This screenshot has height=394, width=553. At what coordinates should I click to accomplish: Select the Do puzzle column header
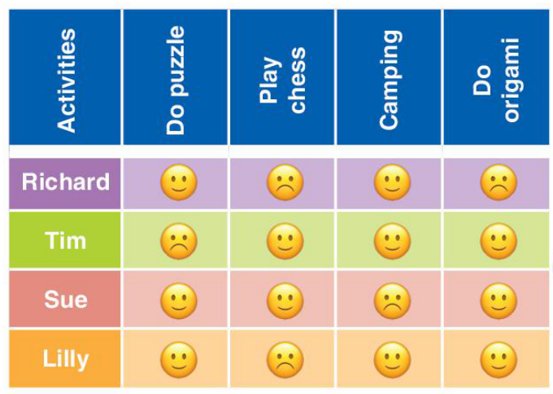[176, 80]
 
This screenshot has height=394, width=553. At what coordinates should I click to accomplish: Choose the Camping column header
[390, 80]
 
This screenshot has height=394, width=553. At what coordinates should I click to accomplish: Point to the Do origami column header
[497, 80]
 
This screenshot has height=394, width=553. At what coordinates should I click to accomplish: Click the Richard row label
[65, 182]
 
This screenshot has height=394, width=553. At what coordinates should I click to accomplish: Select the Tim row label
[65, 241]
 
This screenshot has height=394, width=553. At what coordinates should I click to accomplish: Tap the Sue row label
[65, 299]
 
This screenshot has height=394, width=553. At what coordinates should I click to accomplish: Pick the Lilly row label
[65, 358]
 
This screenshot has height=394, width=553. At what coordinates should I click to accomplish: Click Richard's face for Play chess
[285, 183]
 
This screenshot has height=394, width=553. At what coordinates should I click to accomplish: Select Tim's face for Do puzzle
[178, 242]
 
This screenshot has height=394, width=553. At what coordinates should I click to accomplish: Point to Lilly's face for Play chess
[285, 359]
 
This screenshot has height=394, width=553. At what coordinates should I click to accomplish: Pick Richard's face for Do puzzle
[178, 183]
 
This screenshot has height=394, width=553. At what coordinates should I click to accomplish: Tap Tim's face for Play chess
[285, 242]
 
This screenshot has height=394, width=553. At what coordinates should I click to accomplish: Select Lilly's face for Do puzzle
[178, 359]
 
